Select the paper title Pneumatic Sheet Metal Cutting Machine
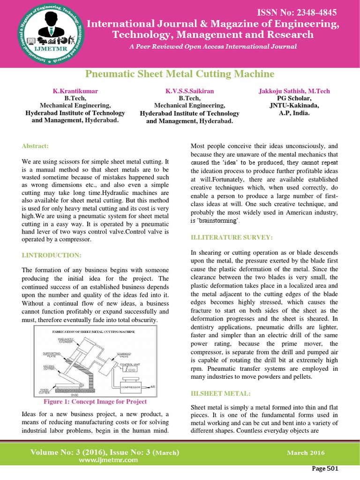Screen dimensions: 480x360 click(180, 74)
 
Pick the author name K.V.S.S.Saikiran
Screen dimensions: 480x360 click(189, 91)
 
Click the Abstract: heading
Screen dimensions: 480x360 click(35, 146)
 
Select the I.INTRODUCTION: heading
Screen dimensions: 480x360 click(52, 255)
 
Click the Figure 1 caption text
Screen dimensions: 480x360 click(95, 402)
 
